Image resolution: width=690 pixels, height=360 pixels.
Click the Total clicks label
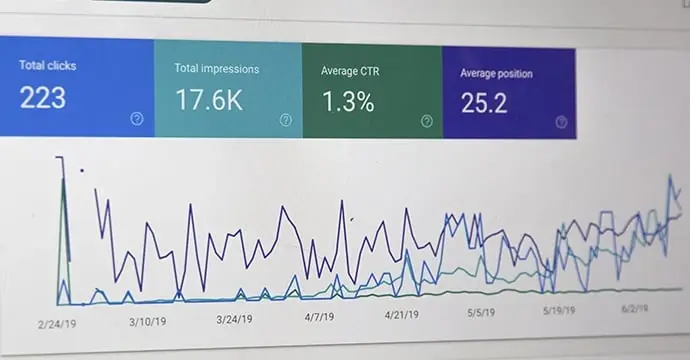tap(47, 66)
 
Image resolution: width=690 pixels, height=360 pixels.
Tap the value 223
tap(43, 97)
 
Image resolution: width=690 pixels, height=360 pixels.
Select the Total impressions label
tap(217, 69)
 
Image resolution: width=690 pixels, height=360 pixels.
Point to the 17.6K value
tap(208, 100)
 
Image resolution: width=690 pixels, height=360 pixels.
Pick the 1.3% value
tap(348, 102)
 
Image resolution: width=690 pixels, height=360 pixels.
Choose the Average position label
tap(496, 73)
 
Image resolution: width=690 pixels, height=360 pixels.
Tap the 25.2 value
tap(484, 102)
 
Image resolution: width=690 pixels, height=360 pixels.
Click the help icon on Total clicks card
tap(137, 119)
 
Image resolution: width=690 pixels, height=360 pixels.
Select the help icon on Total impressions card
tap(286, 120)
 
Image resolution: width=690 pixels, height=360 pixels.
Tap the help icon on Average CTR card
tap(427, 121)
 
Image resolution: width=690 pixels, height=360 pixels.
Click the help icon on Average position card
tap(561, 122)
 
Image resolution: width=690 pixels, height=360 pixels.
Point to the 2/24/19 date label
tap(59, 325)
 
